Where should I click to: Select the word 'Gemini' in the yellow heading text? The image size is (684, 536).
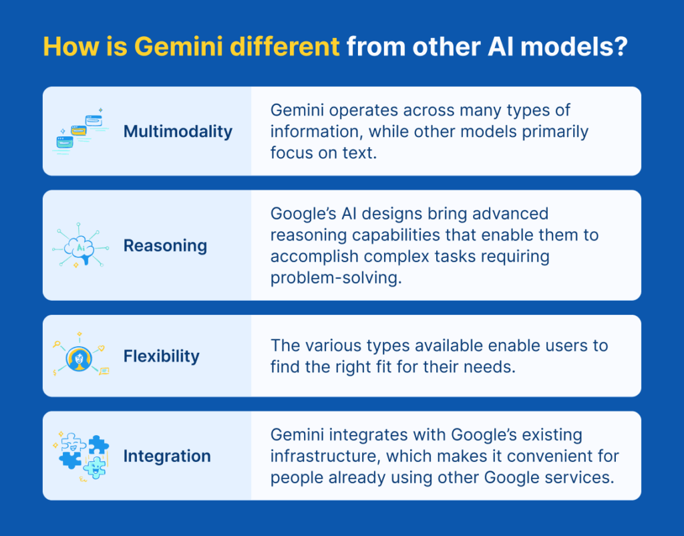175,47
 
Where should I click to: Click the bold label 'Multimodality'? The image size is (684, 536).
178,131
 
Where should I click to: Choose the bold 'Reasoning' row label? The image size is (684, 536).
165,245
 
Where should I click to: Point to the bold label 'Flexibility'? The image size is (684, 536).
161,356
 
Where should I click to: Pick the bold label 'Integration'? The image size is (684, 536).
167,456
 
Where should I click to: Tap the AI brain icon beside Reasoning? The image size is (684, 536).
80,245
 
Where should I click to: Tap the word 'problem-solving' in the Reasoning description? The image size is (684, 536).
336,278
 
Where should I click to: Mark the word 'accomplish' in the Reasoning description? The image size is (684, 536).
311,257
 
